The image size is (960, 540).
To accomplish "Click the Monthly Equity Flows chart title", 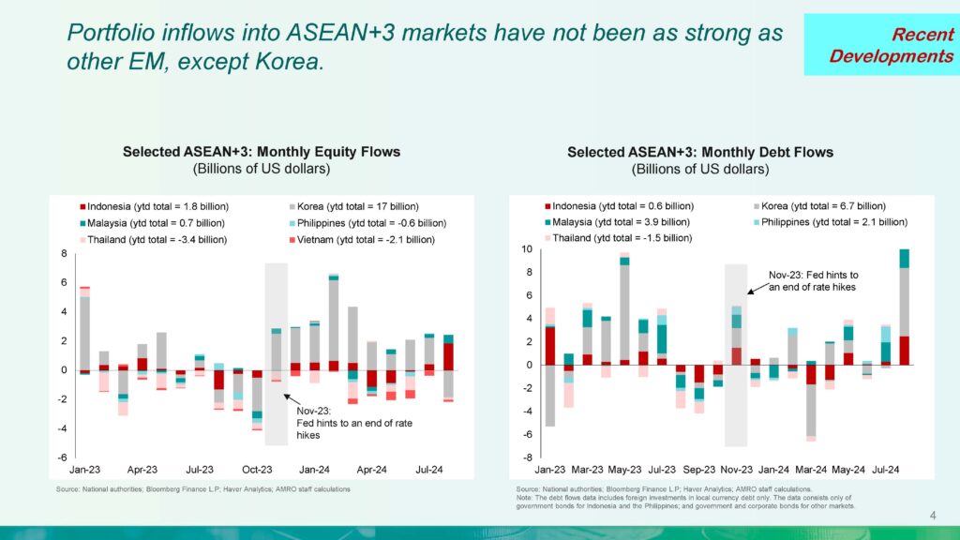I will tap(262, 152).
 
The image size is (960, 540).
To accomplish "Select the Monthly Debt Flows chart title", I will tap(700, 152).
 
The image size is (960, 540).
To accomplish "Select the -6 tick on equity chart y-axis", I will tap(65, 457).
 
